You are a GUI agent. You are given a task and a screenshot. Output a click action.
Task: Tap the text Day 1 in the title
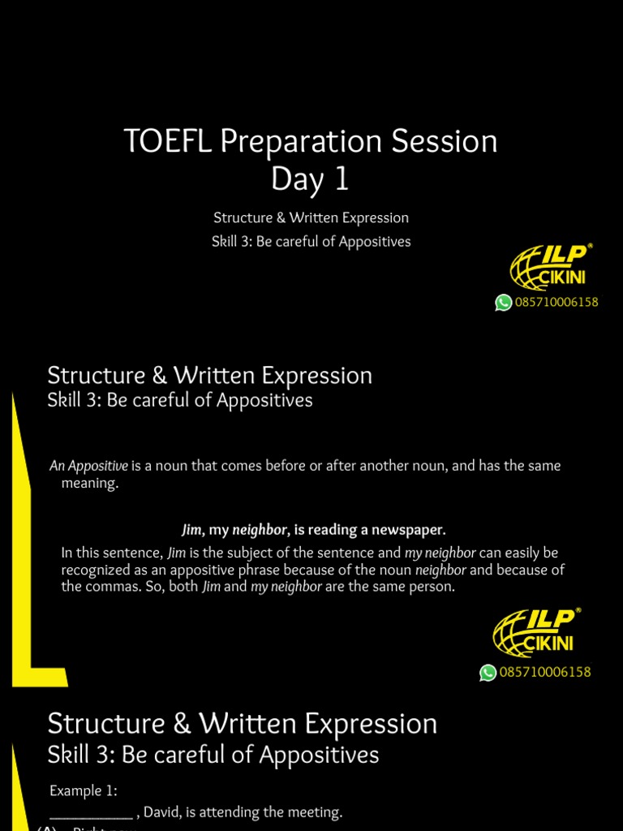click(x=311, y=179)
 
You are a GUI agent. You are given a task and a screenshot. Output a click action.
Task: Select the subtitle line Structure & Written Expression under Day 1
click(x=311, y=217)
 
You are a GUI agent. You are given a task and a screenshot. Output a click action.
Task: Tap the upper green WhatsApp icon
click(x=504, y=303)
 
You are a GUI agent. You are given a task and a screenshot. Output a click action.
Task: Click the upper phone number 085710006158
click(x=556, y=303)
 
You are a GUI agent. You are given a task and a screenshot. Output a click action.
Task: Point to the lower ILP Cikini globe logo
click(x=536, y=632)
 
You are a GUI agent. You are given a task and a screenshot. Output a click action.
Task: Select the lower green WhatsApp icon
click(x=488, y=673)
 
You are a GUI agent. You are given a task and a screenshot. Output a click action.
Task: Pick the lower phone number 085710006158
click(x=545, y=673)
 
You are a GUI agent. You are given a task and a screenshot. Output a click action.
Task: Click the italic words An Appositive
click(x=89, y=466)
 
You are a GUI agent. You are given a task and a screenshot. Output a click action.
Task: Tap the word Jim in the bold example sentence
click(x=191, y=530)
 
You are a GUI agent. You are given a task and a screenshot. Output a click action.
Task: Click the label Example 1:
click(x=84, y=790)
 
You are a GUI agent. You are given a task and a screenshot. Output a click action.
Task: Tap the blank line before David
click(x=91, y=812)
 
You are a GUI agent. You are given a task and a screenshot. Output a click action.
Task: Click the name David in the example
click(x=162, y=812)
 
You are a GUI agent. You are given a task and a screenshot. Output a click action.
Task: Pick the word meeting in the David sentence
click(x=316, y=812)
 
